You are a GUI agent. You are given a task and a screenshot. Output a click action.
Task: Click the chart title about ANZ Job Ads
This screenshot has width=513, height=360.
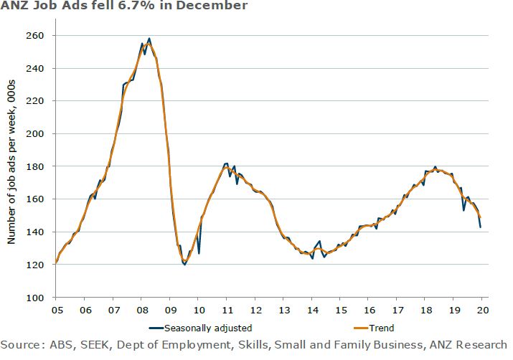(123, 6)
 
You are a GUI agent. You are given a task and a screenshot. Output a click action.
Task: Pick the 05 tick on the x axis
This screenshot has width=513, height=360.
(55, 311)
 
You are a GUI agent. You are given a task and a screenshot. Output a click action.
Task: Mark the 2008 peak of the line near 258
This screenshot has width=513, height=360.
(149, 39)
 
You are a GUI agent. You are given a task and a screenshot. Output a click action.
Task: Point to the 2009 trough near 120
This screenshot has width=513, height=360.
(184, 265)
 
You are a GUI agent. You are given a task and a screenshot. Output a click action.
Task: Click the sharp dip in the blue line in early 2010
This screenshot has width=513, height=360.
(199, 252)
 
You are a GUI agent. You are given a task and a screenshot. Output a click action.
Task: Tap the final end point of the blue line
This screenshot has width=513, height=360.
(480, 227)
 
